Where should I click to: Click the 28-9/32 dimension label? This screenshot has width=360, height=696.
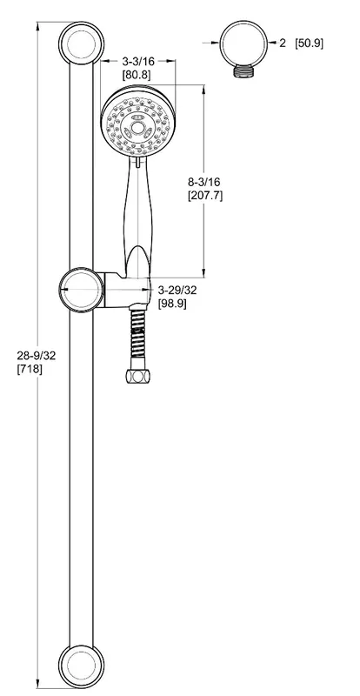37,356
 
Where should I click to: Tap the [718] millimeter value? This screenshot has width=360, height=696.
30,369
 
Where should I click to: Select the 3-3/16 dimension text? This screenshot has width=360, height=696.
138,61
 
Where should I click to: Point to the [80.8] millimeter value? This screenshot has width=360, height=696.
137,75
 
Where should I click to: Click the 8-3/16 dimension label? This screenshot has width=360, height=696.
204,182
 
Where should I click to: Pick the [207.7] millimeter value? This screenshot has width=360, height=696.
205,195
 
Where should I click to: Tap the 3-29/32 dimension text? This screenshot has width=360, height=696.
177,290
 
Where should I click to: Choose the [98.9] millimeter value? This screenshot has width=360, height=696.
173,304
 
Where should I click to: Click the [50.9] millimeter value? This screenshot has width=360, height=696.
310,43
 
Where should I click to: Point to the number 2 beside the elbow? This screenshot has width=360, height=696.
283,43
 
